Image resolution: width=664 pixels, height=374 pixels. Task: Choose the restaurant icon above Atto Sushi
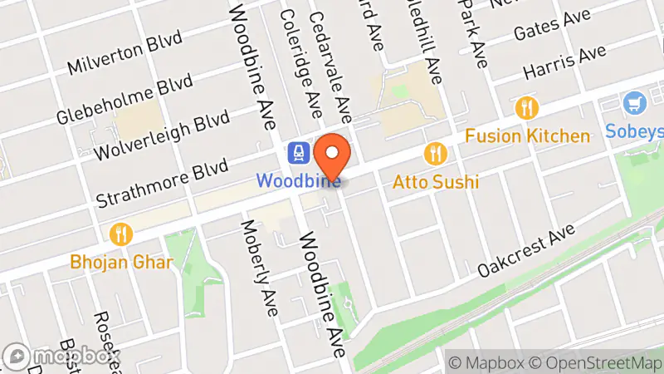[434, 153]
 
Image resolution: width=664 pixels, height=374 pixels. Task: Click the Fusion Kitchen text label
[527, 135]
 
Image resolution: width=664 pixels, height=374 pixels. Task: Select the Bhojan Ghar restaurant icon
[122, 234]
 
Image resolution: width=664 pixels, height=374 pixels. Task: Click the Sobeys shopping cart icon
[635, 105]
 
